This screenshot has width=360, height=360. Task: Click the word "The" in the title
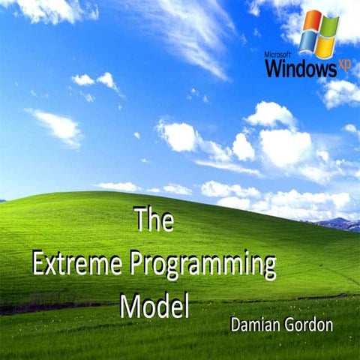[154, 220]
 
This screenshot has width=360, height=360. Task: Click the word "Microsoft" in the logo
[278, 55]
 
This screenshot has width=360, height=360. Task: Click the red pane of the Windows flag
[311, 23]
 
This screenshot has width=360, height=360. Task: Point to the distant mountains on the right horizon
[338, 223]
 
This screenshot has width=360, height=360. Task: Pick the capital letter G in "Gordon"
[292, 328]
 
